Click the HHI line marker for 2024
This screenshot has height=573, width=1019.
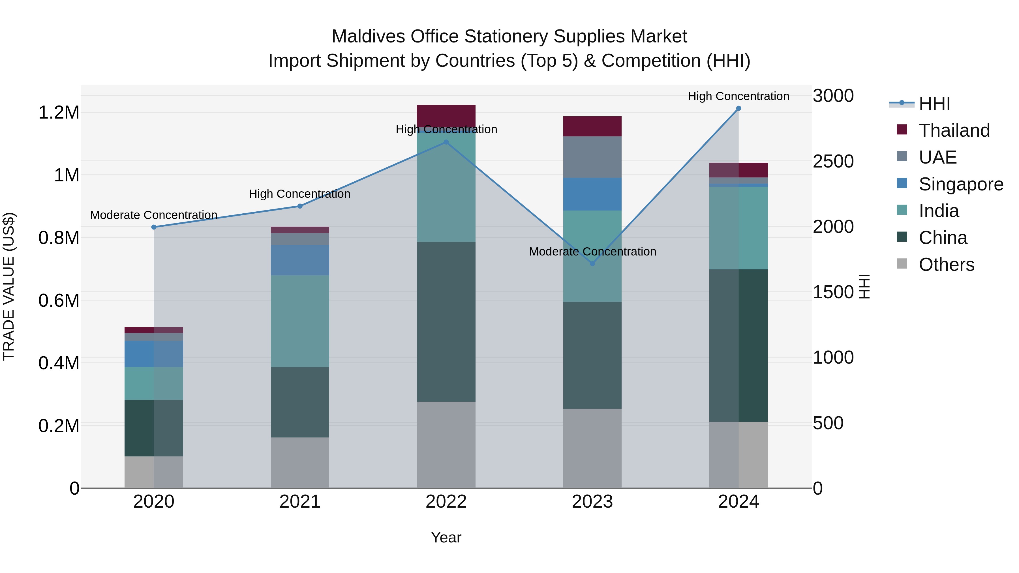click(x=738, y=108)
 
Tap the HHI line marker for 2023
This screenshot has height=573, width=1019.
click(x=592, y=263)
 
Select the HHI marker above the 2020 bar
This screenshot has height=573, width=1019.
click(x=154, y=227)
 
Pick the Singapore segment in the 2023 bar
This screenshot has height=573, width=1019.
click(x=592, y=194)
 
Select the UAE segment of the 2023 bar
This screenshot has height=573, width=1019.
click(x=592, y=157)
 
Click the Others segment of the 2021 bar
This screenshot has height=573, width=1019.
click(x=300, y=462)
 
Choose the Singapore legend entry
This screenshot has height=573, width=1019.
click(x=961, y=184)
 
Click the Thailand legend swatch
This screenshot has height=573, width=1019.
click(x=902, y=130)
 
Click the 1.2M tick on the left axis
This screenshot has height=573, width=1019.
click(x=59, y=113)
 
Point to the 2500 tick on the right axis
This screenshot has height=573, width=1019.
click(x=833, y=161)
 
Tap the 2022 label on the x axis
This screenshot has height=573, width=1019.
click(x=446, y=502)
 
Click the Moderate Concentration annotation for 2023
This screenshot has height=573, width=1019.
click(x=592, y=252)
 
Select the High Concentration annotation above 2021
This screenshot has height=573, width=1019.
click(x=299, y=194)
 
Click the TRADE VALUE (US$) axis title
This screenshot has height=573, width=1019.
click(x=9, y=286)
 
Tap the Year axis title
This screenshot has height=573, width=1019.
click(x=446, y=537)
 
